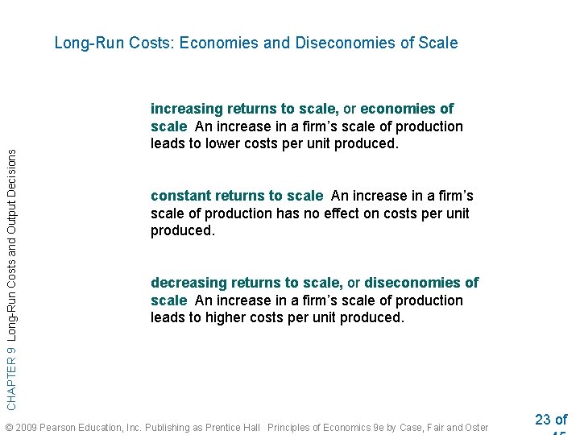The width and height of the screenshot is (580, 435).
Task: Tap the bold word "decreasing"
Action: (189, 283)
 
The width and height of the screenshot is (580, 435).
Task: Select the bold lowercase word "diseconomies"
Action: (413, 283)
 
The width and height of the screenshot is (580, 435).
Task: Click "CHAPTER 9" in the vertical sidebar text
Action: (11, 375)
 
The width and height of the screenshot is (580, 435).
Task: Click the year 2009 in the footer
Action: (26, 427)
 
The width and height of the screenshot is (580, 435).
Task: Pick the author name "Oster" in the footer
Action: (475, 427)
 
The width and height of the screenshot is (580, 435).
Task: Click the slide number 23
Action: (543, 420)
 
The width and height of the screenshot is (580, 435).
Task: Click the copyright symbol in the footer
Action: (8, 427)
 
